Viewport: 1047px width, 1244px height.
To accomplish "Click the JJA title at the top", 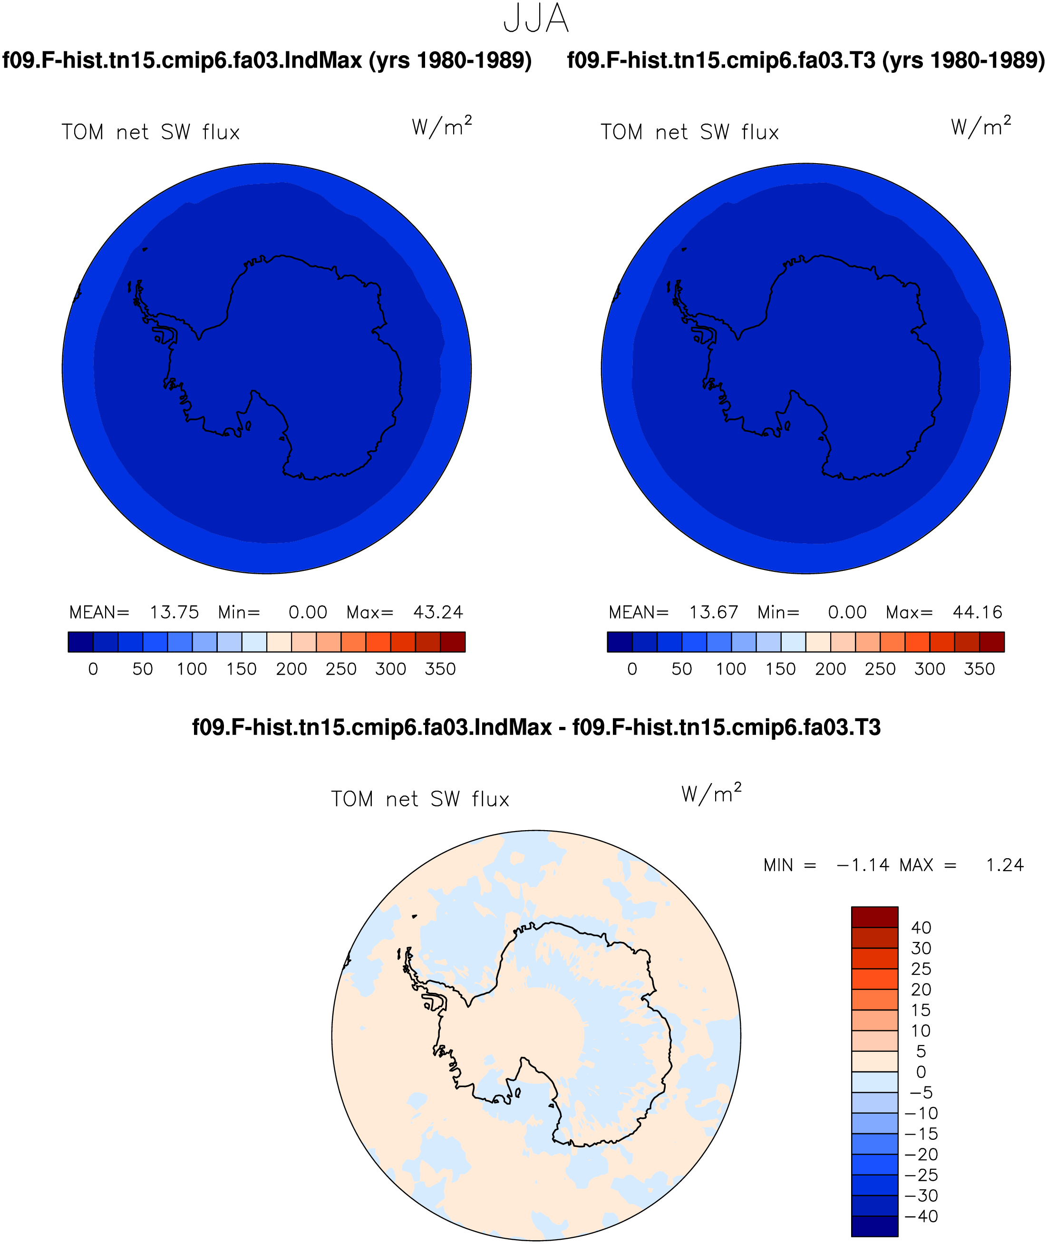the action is [536, 19].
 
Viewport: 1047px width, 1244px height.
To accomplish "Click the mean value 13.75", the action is [174, 612].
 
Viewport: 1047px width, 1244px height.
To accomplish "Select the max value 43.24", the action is [438, 612].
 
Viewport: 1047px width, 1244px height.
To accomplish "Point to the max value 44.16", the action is [978, 612].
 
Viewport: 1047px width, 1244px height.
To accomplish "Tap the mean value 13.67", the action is [713, 612].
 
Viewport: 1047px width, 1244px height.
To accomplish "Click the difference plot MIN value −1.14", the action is [863, 865].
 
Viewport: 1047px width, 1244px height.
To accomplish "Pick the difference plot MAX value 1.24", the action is [1005, 865].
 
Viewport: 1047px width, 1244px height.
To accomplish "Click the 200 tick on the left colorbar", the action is [291, 669].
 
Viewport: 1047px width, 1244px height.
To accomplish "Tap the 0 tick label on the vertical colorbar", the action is [921, 1072].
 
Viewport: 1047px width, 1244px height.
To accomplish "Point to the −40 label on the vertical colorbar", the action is [921, 1216].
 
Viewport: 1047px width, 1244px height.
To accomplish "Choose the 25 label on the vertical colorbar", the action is [921, 969].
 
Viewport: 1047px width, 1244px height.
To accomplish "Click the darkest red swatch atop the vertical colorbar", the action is [874, 917].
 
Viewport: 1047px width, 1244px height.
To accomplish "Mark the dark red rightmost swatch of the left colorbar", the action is [452, 642].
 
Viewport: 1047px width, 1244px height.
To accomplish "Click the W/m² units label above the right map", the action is [980, 127].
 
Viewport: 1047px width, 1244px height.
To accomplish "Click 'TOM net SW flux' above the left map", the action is [151, 132].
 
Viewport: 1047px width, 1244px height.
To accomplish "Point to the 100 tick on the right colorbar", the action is [731, 669].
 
